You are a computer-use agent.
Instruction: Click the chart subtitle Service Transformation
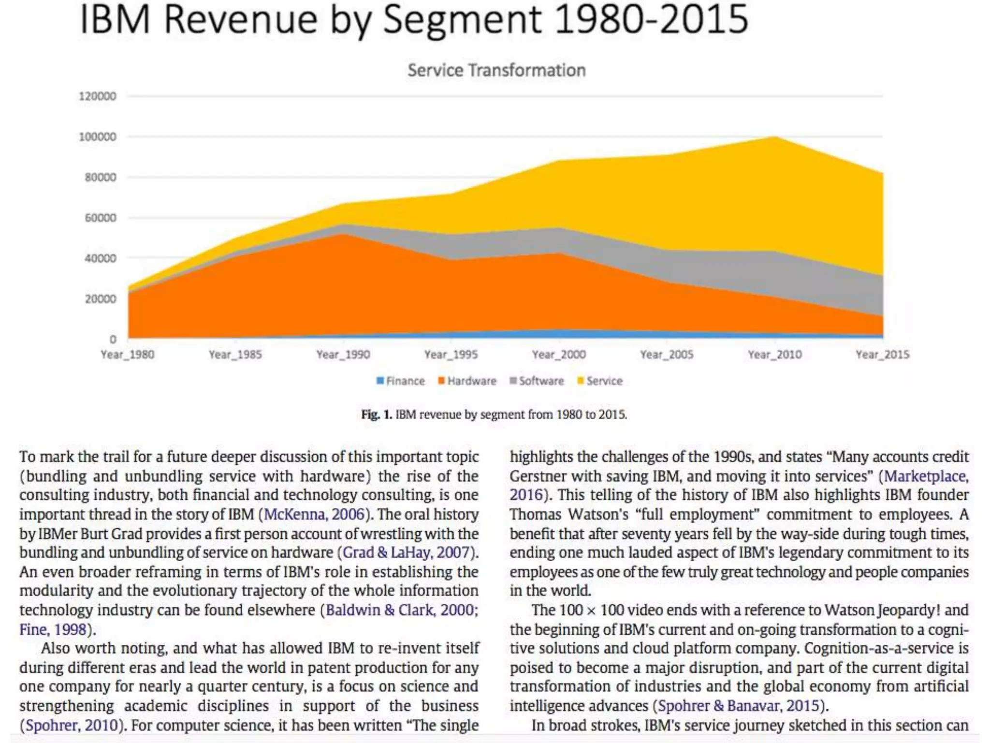pyautogui.click(x=496, y=71)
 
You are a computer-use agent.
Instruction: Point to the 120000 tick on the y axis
pyautogui.click(x=98, y=96)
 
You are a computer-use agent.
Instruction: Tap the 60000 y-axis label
pyautogui.click(x=101, y=218)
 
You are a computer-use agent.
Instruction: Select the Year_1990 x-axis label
pyautogui.click(x=343, y=355)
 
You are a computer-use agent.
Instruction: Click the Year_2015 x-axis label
pyautogui.click(x=882, y=355)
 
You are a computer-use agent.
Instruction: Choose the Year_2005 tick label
pyautogui.click(x=667, y=355)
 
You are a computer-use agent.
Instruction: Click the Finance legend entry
pyautogui.click(x=401, y=381)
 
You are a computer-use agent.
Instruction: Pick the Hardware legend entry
pyautogui.click(x=467, y=381)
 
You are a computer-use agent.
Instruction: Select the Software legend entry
pyautogui.click(x=537, y=381)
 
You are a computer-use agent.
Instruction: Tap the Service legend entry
pyautogui.click(x=600, y=381)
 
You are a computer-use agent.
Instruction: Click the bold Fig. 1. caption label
pyautogui.click(x=377, y=415)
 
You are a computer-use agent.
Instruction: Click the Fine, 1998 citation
pyautogui.click(x=53, y=629)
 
